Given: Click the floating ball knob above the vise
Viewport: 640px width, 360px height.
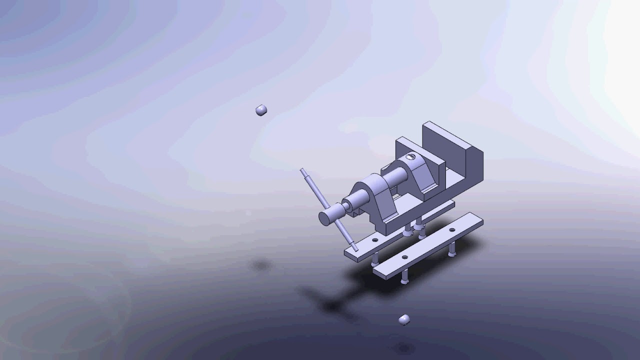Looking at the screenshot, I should pyautogui.click(x=261, y=110).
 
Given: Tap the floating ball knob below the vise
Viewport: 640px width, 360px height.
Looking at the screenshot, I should pyautogui.click(x=404, y=319).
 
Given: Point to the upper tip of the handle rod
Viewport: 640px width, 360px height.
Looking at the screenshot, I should pyautogui.click(x=302, y=171).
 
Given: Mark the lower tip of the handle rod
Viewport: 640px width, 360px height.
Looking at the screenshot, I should pyautogui.click(x=355, y=248).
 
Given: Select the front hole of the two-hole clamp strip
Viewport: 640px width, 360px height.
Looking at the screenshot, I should pyautogui.click(x=404, y=258).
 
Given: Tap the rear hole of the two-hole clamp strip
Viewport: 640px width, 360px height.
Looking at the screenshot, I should pyautogui.click(x=452, y=230).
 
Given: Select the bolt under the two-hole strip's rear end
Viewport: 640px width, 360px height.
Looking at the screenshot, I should pyautogui.click(x=452, y=249).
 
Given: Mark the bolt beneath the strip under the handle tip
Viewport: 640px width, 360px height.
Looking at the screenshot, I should pyautogui.click(x=375, y=259).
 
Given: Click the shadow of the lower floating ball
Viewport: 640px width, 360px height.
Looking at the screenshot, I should pyautogui.click(x=403, y=347).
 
